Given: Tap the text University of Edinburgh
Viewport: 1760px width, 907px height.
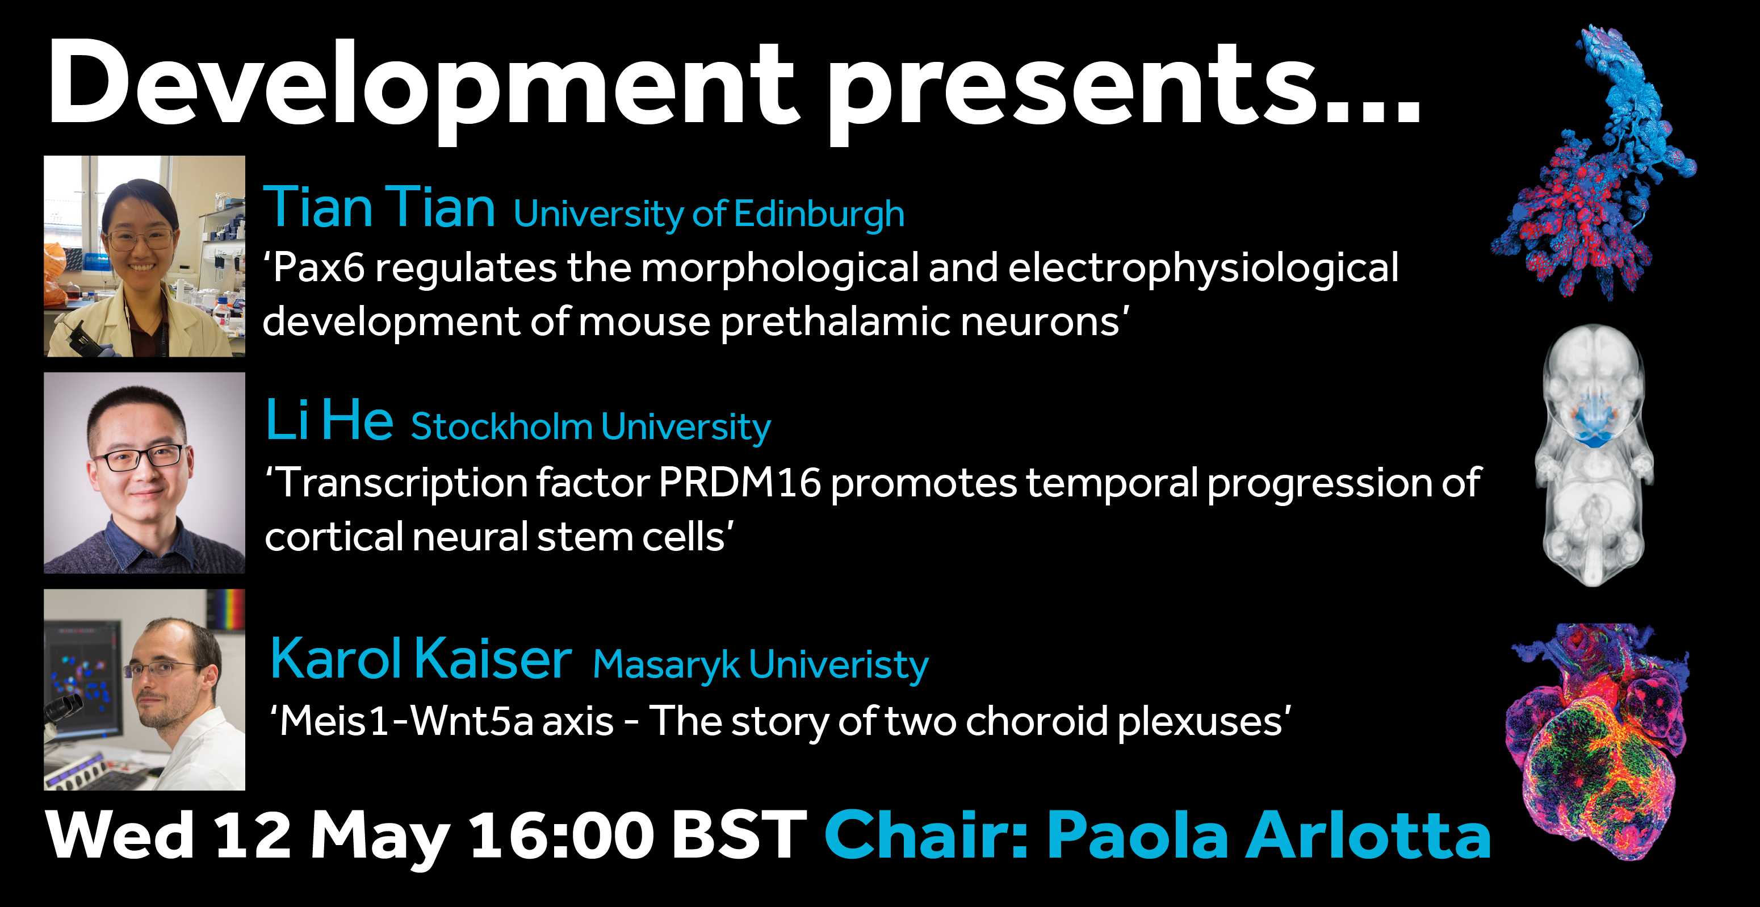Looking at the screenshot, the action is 709,215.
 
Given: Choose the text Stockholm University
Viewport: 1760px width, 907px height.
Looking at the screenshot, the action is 591,427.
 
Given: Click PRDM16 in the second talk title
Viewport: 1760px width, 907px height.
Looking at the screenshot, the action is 740,483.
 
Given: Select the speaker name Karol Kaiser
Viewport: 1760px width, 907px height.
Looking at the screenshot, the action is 421,658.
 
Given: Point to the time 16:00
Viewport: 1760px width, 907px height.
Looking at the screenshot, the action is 562,835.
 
